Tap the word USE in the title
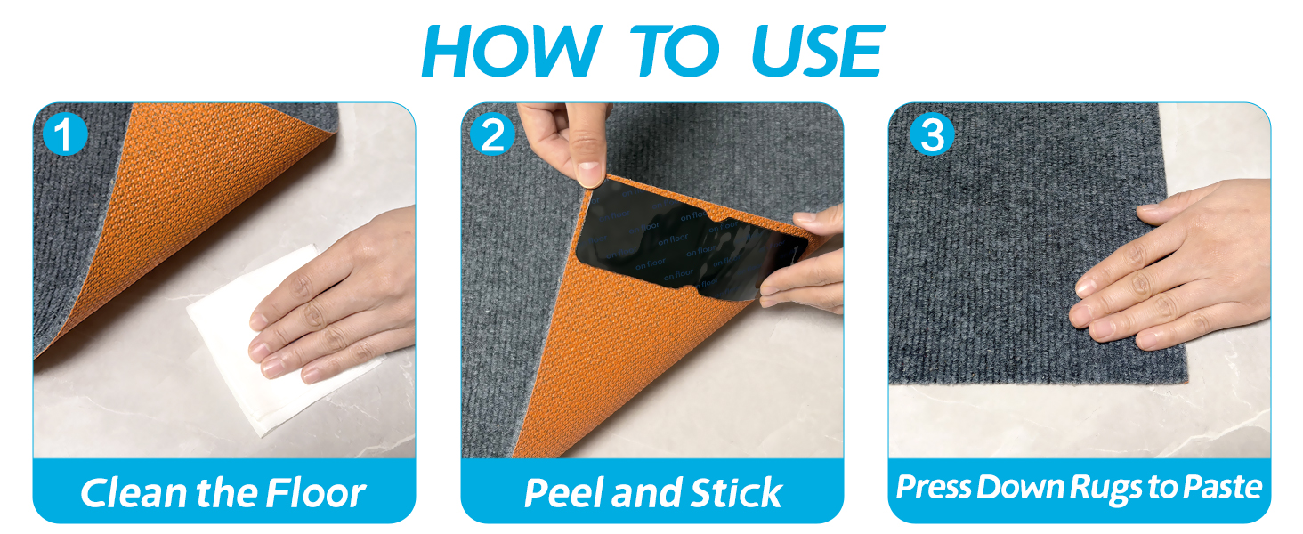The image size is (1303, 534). [x=818, y=52]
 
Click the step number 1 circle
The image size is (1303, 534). [x=65, y=133]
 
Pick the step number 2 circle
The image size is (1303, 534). [x=493, y=133]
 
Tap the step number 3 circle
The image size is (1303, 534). [x=932, y=133]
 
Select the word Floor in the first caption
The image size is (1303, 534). [x=316, y=493]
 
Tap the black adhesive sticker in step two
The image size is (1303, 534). [x=692, y=241]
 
